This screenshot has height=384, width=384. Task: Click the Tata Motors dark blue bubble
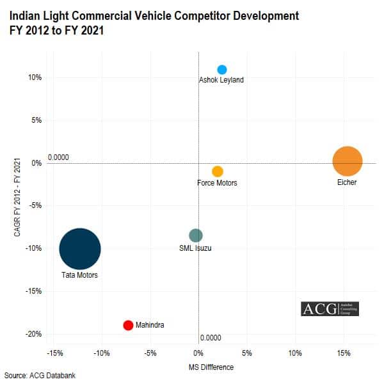(80, 249)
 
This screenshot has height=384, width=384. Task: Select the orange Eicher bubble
(348, 161)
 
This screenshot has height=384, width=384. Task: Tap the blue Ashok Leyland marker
(222, 70)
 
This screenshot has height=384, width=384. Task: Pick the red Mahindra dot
(128, 325)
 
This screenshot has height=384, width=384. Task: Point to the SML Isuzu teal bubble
(196, 236)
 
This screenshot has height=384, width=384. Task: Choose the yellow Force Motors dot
(218, 172)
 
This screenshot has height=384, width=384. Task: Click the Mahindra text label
(150, 325)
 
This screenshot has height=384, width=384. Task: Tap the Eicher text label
(347, 183)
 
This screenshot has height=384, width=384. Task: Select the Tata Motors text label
(79, 275)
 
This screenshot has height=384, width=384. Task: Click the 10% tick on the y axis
(35, 78)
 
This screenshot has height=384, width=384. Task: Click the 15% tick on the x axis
(343, 353)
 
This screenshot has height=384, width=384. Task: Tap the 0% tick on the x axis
(198, 353)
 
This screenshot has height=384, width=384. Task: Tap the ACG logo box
(330, 308)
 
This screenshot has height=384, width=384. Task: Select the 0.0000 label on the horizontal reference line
(58, 157)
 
